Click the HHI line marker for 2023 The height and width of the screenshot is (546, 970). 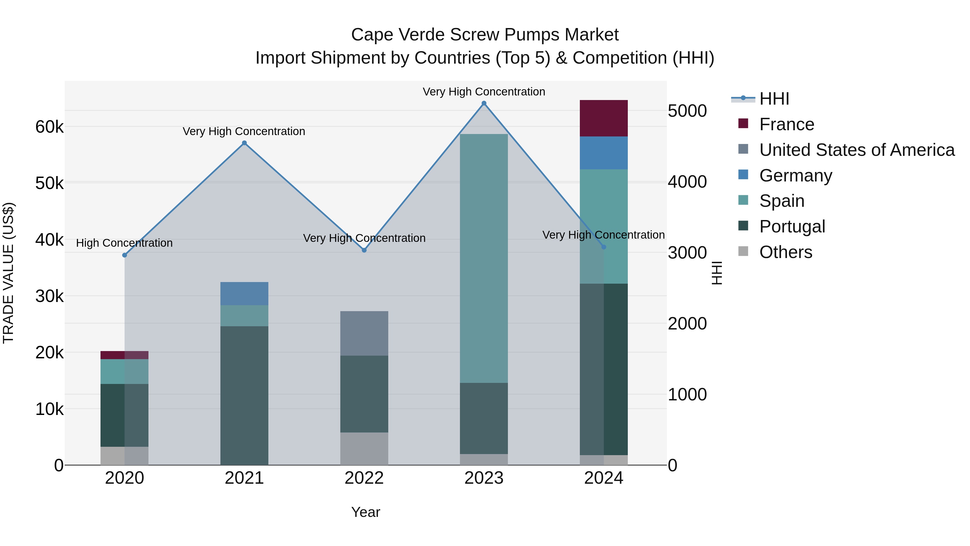point(484,103)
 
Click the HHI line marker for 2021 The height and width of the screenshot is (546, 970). point(244,143)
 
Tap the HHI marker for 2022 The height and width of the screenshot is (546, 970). point(364,250)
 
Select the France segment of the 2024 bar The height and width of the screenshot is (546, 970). point(604,118)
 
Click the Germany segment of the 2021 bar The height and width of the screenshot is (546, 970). point(244,294)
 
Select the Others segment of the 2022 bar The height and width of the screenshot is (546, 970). point(364,448)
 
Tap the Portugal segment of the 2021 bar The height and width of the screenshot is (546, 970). point(244,395)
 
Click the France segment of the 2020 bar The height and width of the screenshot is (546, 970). point(124,355)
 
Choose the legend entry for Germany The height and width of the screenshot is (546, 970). point(795,176)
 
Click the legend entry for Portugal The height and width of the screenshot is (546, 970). point(792,226)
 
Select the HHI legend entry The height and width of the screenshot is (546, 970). point(774,99)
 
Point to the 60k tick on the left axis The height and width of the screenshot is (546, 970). point(49,127)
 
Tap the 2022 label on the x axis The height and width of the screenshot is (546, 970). point(364,478)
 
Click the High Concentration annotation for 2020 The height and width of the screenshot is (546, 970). point(124,243)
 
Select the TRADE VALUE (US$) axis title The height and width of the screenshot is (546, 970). point(8,273)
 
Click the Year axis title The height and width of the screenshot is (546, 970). point(366,512)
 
